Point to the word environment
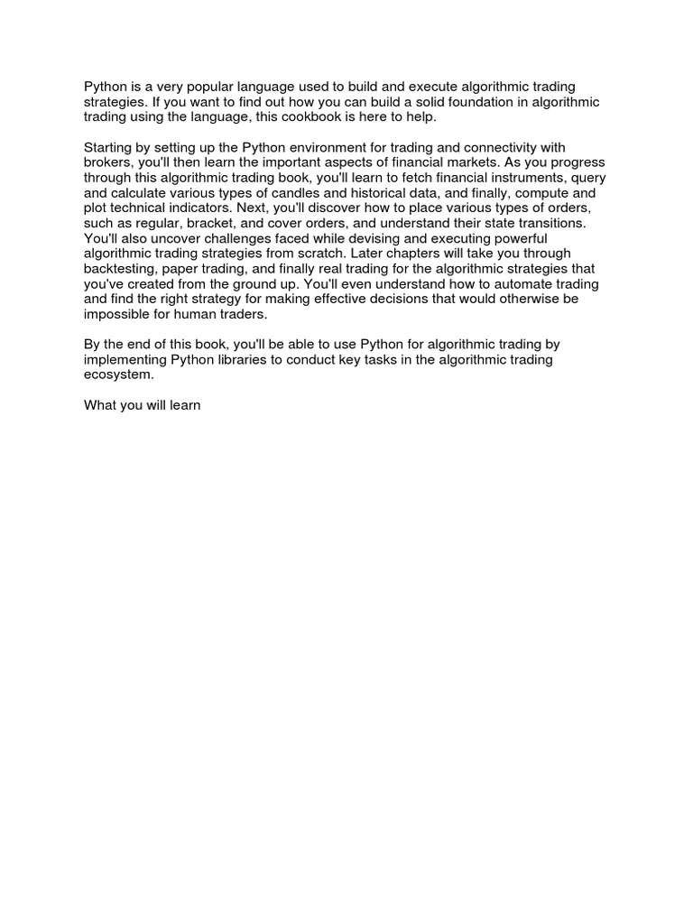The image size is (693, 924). tap(360, 148)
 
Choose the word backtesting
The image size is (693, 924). tap(120, 270)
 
